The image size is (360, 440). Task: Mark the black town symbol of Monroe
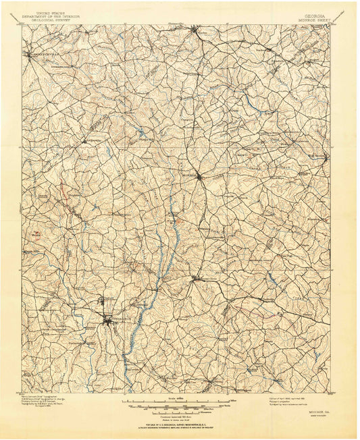pos(200,177)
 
